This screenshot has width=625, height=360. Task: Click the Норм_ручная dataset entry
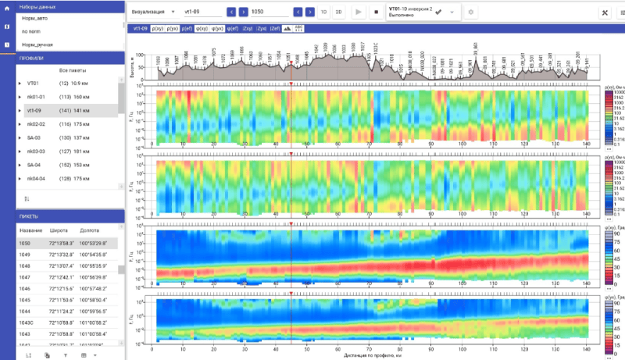39,45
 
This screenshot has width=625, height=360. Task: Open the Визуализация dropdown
152,12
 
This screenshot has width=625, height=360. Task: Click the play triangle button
359,12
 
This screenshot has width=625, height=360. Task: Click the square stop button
377,12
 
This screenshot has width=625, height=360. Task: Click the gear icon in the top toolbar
471,12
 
